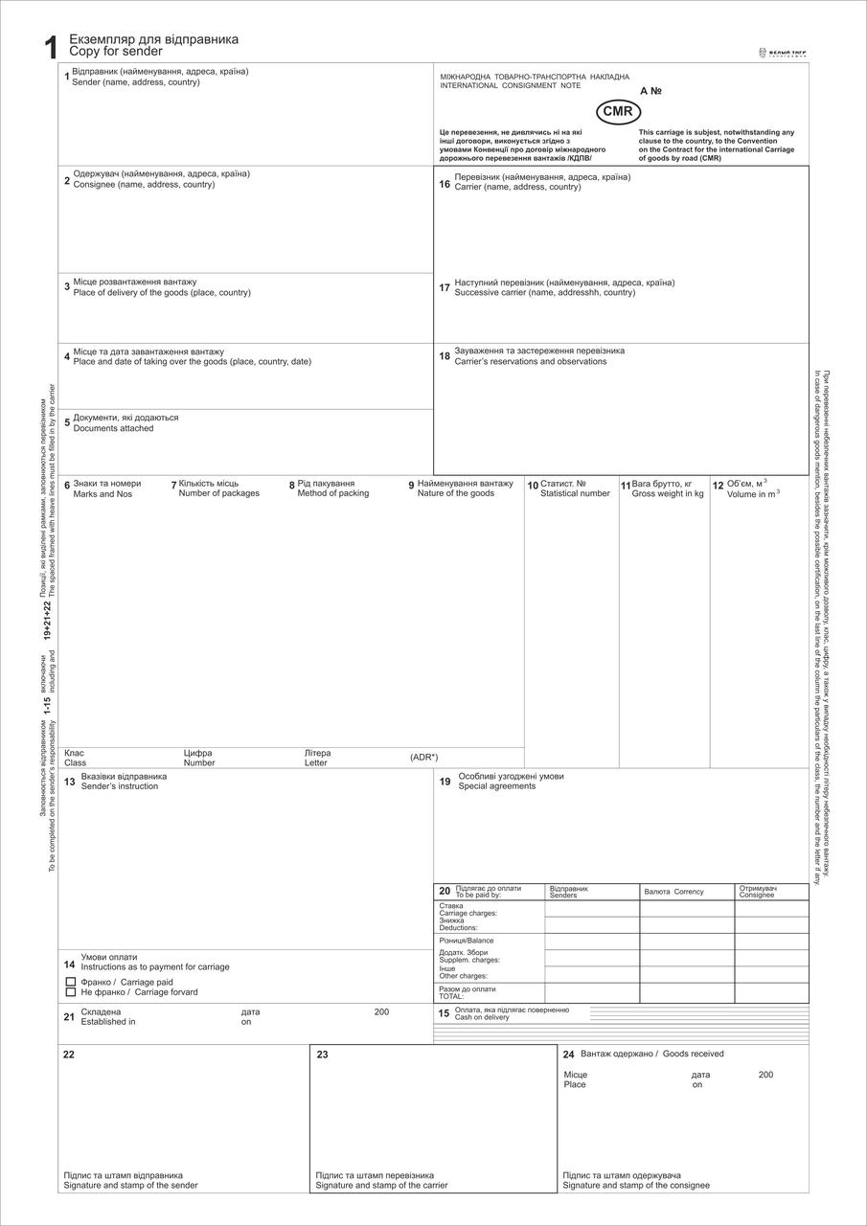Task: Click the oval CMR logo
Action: [618, 112]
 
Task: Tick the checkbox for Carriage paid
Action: [70, 983]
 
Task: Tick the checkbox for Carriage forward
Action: [70, 992]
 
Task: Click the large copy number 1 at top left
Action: [51, 48]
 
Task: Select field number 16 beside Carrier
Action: [445, 183]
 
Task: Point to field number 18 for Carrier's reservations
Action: [445, 356]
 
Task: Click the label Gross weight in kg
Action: [668, 494]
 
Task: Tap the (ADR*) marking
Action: [423, 758]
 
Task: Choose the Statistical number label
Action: [575, 494]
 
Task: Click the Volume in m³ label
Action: [753, 494]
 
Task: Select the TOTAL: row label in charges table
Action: [451, 997]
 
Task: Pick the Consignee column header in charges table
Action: [756, 895]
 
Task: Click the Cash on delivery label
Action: [482, 1017]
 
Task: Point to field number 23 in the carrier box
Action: [322, 1055]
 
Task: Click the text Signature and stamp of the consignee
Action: [636, 1186]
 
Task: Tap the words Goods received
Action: [693, 1054]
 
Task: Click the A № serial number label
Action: [650, 91]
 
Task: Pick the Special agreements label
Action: [497, 786]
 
